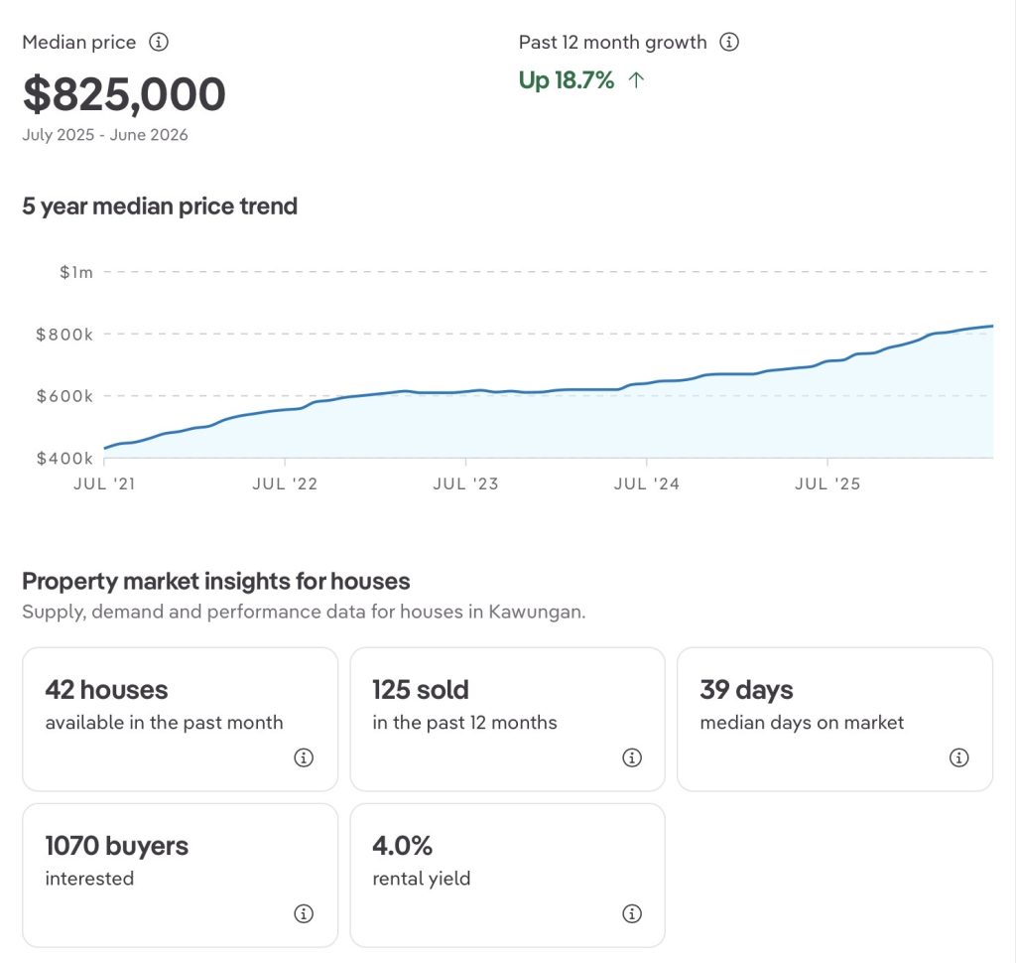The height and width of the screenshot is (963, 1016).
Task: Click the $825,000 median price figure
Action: click(124, 94)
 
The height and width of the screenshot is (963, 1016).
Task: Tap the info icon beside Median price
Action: click(159, 42)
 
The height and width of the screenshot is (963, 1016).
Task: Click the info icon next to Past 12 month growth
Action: click(729, 42)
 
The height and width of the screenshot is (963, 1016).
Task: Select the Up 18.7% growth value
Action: click(567, 79)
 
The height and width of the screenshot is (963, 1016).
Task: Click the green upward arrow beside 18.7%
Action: click(636, 79)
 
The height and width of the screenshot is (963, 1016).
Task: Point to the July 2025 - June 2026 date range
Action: click(105, 135)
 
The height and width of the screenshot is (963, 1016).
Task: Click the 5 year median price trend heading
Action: click(160, 206)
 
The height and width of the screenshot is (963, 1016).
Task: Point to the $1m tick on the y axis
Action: click(76, 272)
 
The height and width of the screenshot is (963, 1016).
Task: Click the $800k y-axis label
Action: click(64, 335)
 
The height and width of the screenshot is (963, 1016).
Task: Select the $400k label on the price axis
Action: click(64, 459)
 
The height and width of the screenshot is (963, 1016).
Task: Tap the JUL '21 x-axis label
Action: click(104, 483)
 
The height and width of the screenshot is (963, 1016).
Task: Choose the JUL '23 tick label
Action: click(466, 483)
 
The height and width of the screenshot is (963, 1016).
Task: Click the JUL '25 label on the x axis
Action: click(827, 483)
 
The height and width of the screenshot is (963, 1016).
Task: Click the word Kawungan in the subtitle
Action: click(536, 613)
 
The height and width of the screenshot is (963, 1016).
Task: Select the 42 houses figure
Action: click(106, 690)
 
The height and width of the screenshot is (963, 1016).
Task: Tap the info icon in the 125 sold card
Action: click(632, 757)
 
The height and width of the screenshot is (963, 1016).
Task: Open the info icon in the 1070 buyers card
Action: click(304, 913)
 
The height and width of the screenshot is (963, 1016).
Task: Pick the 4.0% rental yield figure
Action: click(403, 846)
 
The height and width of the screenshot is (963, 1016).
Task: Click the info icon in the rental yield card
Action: click(632, 913)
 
